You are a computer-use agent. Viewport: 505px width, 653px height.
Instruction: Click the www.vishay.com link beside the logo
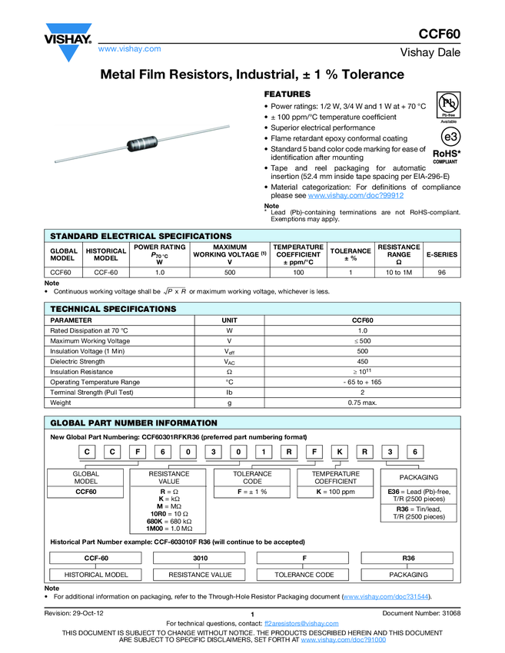point(129,48)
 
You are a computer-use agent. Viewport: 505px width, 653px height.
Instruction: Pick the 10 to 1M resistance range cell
point(398,272)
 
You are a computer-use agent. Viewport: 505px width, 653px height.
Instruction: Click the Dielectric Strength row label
point(78,361)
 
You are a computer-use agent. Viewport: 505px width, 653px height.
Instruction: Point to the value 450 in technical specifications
point(362,361)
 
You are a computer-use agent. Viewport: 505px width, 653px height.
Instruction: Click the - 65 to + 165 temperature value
point(362,382)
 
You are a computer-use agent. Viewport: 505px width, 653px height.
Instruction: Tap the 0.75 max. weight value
point(362,403)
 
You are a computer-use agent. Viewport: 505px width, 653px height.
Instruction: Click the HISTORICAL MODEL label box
point(96,575)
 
